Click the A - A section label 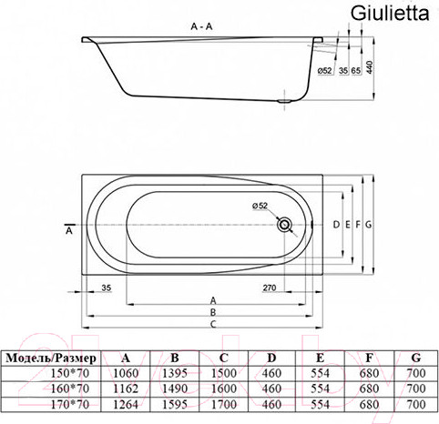click(x=202, y=28)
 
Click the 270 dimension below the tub click(x=270, y=288)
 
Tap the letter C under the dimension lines click(x=212, y=324)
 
